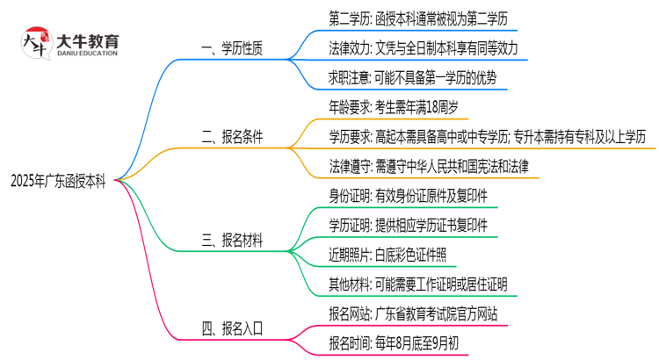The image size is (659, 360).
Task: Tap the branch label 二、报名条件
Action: point(232,137)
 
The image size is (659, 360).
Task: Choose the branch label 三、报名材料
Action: point(232,240)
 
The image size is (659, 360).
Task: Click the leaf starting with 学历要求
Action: point(487,136)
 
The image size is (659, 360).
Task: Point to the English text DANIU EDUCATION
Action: point(87,54)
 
